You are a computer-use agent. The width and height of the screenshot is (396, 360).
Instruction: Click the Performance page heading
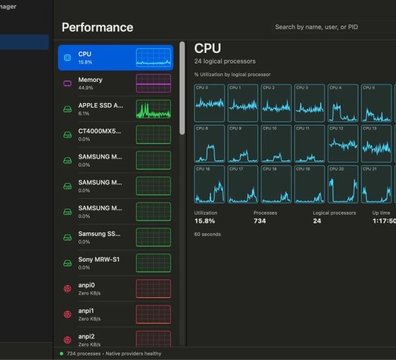point(98,27)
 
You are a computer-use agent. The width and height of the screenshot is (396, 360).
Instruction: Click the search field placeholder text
point(316,27)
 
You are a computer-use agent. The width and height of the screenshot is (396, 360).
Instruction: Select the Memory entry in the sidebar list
point(115,83)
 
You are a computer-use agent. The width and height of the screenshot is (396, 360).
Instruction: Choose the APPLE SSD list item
point(115,109)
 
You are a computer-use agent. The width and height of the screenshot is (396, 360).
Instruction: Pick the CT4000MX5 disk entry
point(115,135)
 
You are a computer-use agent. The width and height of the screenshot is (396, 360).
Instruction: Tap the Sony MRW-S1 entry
point(115,263)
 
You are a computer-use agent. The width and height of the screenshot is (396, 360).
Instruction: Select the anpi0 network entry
point(115,289)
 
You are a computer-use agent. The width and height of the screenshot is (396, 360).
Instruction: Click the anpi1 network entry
point(115,314)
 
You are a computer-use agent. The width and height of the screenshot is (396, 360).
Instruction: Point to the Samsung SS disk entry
point(115,237)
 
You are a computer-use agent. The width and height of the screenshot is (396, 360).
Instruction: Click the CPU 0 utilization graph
point(209,103)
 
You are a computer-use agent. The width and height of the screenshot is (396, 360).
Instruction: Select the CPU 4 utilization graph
point(343,103)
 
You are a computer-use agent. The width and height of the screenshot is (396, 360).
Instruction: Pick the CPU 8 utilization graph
point(209,143)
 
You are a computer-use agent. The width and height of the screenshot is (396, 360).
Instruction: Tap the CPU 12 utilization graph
point(343,143)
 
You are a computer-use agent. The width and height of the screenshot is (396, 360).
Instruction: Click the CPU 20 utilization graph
point(343,184)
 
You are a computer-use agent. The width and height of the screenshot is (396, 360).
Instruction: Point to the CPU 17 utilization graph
point(243,184)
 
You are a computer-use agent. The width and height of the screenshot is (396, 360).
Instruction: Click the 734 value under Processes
point(259,221)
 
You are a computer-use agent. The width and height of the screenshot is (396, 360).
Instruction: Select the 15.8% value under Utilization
point(205,221)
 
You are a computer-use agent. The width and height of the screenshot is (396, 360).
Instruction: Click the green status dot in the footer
point(61,353)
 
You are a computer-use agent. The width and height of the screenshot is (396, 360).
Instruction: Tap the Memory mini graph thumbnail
point(153,83)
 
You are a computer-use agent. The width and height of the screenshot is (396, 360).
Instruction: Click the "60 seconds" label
point(207,234)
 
